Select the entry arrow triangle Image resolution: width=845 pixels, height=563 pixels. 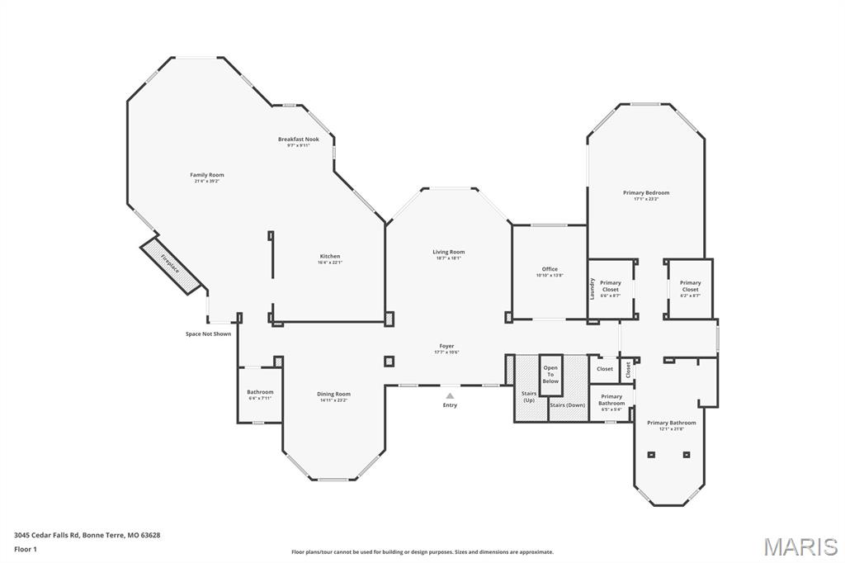pyautogui.click(x=450, y=395)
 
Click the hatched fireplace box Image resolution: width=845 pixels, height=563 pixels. pyautogui.click(x=171, y=264)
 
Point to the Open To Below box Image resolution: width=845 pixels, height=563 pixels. pyautogui.click(x=550, y=375)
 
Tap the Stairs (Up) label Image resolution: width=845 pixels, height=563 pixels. pyautogui.click(x=529, y=396)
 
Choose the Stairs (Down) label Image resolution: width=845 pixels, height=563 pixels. pyautogui.click(x=568, y=405)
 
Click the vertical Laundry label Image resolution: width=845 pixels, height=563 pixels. pyautogui.click(x=592, y=288)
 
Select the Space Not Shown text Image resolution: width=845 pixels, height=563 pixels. pyautogui.click(x=208, y=334)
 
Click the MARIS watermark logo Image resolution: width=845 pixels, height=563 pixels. pyautogui.click(x=800, y=546)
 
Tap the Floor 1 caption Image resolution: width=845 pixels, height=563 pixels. pyautogui.click(x=26, y=548)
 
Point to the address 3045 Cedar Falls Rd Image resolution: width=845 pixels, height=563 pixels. pyautogui.click(x=87, y=535)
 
